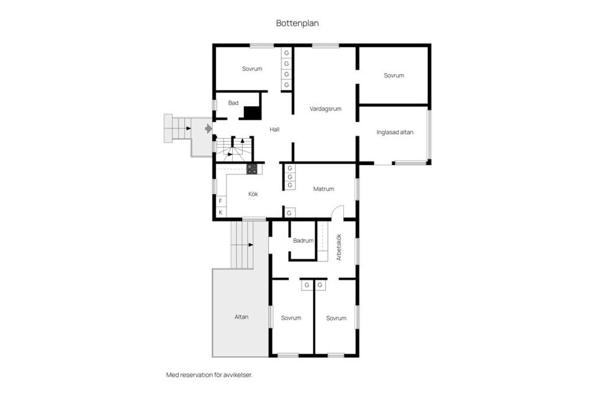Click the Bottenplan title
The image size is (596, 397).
click(x=297, y=23)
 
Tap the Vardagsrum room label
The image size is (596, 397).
click(x=325, y=109)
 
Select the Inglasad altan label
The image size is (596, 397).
click(x=395, y=133)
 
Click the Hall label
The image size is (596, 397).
click(x=274, y=130)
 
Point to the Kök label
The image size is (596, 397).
click(x=253, y=194)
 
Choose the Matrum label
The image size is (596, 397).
click(x=324, y=189)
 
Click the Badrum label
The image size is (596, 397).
click(x=304, y=241)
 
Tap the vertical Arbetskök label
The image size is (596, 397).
click(x=339, y=247)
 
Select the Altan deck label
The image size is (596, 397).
click(x=242, y=317)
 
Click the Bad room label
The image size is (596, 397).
click(x=233, y=103)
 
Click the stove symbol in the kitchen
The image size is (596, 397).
click(x=251, y=169)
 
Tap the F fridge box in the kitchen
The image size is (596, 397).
click(x=220, y=201)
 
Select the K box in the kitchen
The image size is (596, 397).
click(x=220, y=212)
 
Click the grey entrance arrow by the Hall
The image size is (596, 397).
click(x=209, y=129)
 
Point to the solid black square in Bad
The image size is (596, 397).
click(x=252, y=113)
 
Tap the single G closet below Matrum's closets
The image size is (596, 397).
click(x=289, y=213)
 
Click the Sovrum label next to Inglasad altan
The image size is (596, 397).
click(x=394, y=76)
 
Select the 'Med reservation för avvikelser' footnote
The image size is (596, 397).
click(x=209, y=375)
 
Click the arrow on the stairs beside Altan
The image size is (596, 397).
click(x=251, y=244)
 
